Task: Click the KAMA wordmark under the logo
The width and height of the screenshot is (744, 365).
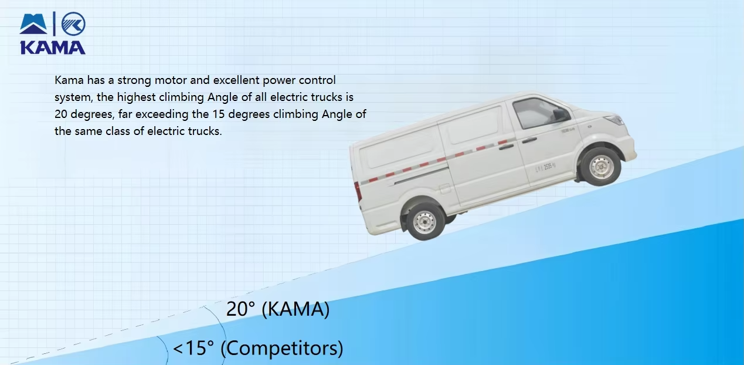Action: tap(53, 47)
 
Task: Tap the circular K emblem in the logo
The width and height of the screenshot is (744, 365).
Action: tap(73, 23)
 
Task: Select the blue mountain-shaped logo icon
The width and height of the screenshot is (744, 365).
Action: tap(33, 25)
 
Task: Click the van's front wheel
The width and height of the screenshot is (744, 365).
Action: tap(601, 166)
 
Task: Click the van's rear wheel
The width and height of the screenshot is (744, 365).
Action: tap(424, 221)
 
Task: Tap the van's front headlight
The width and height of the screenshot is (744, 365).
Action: tap(614, 120)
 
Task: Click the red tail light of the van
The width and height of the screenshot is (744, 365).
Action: tap(358, 191)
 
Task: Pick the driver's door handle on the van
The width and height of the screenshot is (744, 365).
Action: tap(529, 140)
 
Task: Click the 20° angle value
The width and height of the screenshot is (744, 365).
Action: tap(241, 309)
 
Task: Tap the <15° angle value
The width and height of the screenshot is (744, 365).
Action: tap(193, 349)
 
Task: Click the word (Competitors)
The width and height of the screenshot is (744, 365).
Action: tap(282, 349)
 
